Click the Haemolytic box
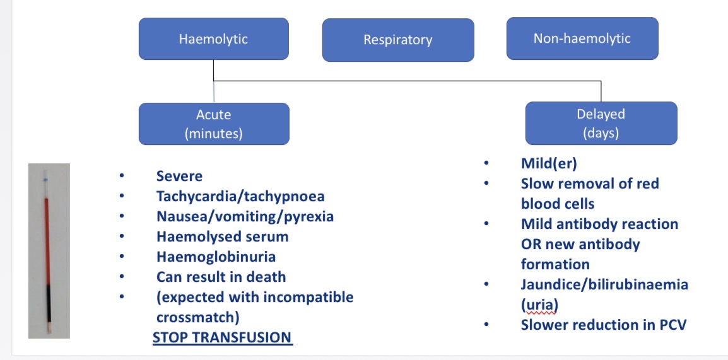click(213, 39)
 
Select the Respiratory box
click(397, 40)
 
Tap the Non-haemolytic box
click(582, 38)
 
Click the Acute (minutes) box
click(213, 124)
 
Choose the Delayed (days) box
click(601, 123)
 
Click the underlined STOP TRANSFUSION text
click(222, 337)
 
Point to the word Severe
click(179, 177)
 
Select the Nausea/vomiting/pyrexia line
click(245, 216)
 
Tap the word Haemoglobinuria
click(216, 257)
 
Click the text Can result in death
click(221, 277)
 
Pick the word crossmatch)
click(197, 317)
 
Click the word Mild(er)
click(549, 163)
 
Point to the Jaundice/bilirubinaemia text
click(604, 284)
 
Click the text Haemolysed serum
click(222, 236)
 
